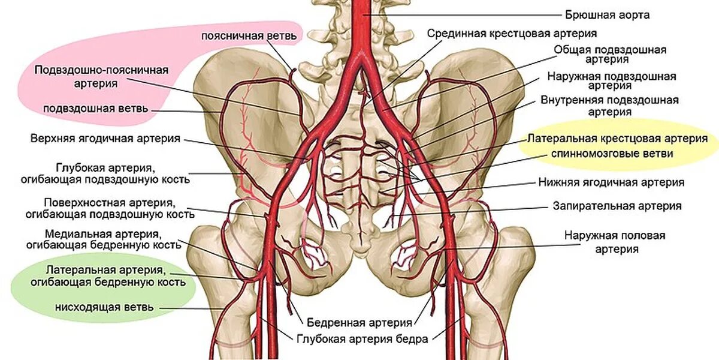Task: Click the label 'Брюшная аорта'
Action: tap(608, 14)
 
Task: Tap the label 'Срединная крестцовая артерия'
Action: tap(512, 33)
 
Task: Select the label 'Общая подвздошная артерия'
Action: tap(610, 55)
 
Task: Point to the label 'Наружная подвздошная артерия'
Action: tap(611, 82)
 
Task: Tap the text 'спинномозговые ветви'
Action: tap(612, 154)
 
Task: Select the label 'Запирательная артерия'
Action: tap(617, 206)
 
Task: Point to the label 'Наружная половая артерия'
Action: tap(614, 241)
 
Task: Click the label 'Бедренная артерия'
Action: tap(359, 323)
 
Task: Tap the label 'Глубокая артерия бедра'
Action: tap(362, 339)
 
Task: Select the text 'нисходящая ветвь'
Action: tap(104, 307)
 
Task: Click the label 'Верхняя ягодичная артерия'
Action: tap(105, 139)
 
